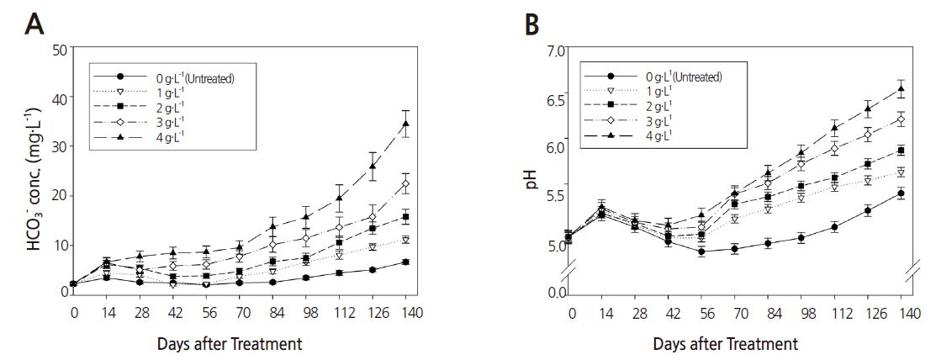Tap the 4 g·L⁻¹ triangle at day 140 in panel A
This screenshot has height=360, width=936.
pyautogui.click(x=406, y=124)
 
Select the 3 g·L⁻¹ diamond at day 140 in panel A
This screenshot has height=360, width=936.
pyautogui.click(x=406, y=184)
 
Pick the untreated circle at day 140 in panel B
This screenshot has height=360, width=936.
pyautogui.click(x=901, y=193)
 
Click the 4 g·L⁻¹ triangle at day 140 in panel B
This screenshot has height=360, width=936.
pyautogui.click(x=901, y=89)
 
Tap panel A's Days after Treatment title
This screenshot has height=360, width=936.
pyautogui.click(x=241, y=343)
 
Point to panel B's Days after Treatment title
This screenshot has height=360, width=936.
pyautogui.click(x=736, y=343)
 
